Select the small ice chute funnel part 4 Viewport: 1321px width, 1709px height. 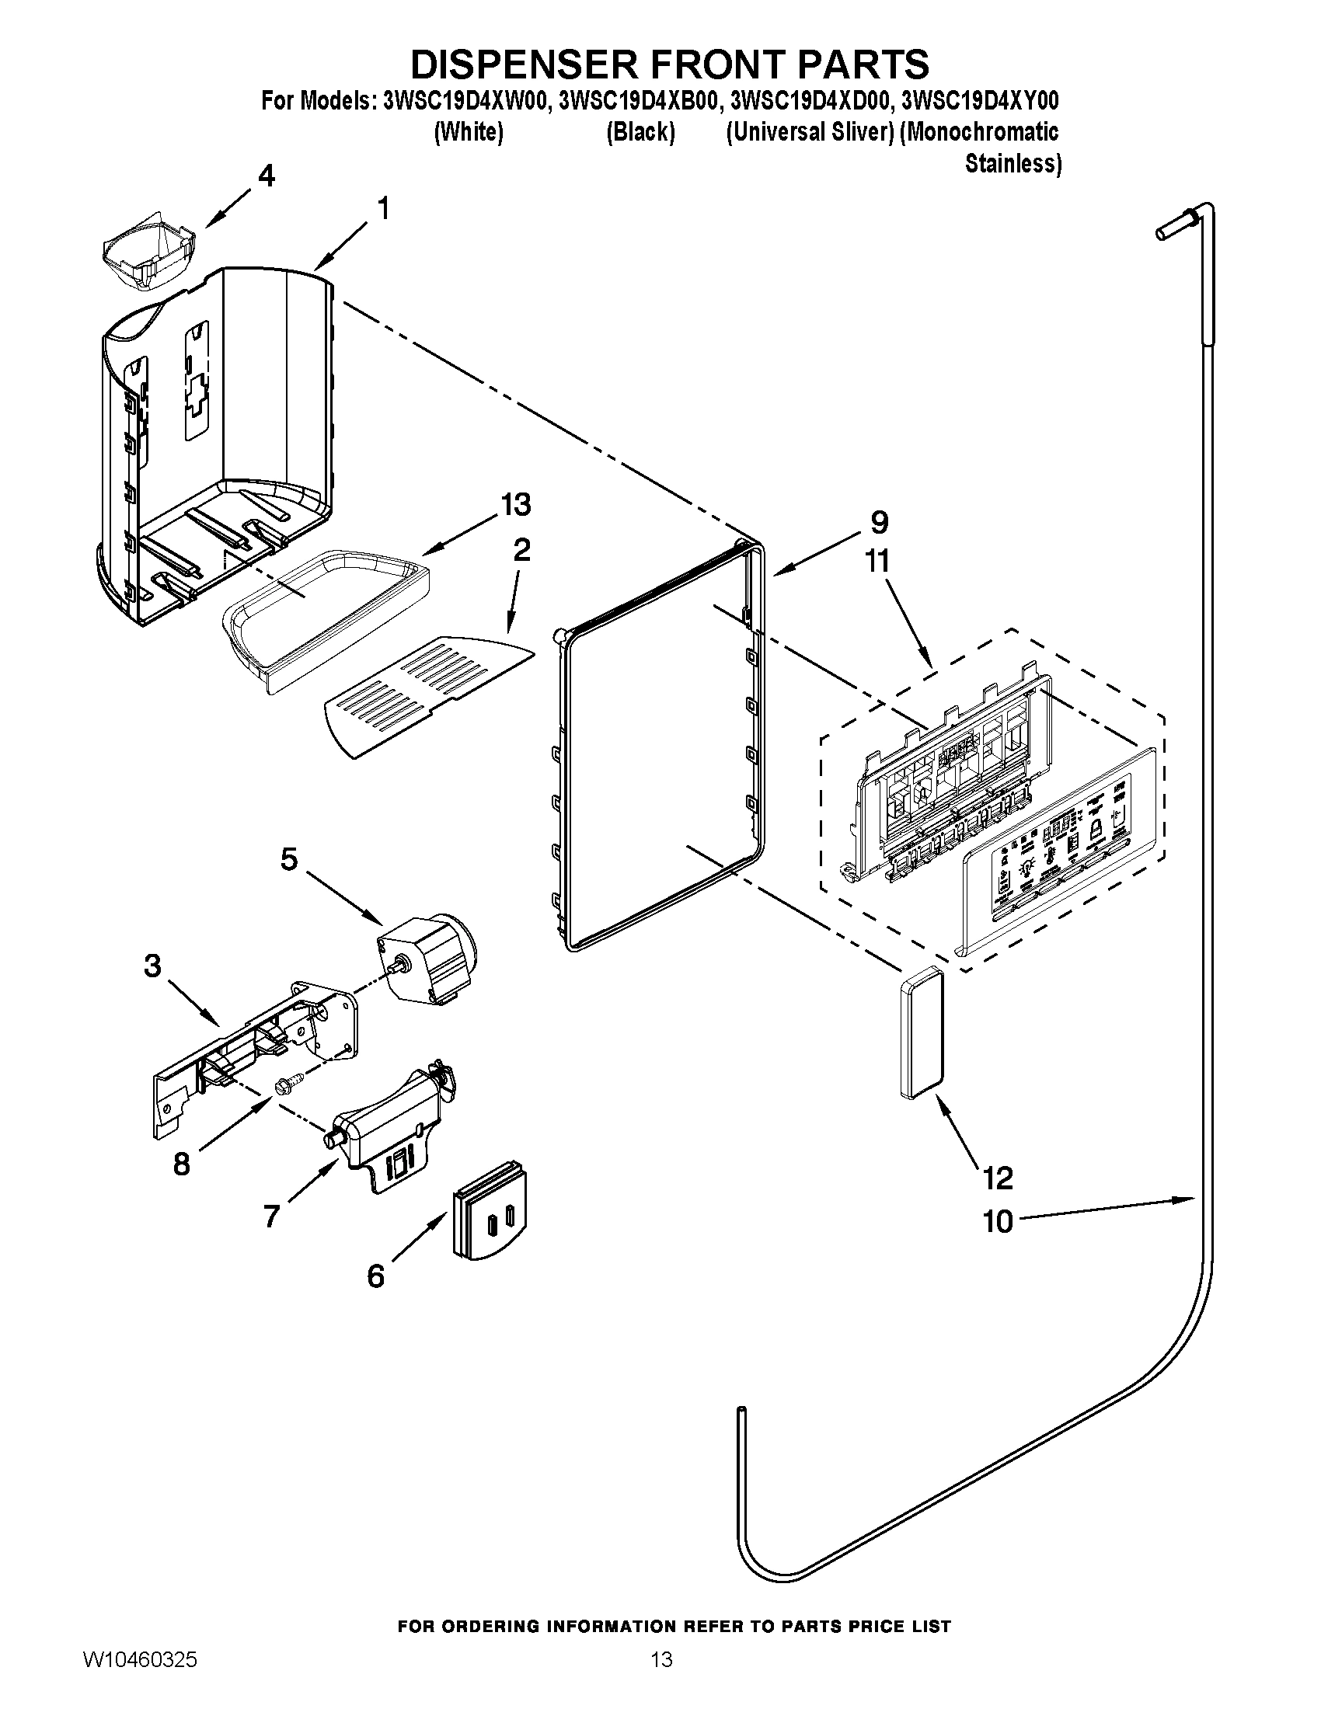pos(148,256)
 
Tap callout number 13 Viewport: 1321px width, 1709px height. pos(515,505)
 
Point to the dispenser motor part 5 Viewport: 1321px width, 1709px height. pos(429,960)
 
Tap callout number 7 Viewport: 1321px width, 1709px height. pos(270,1216)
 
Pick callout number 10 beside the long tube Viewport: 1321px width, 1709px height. pos(997,1220)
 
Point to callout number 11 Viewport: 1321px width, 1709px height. pos(878,561)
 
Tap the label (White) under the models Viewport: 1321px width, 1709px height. pos(468,132)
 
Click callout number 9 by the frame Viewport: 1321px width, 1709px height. pos(878,521)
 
